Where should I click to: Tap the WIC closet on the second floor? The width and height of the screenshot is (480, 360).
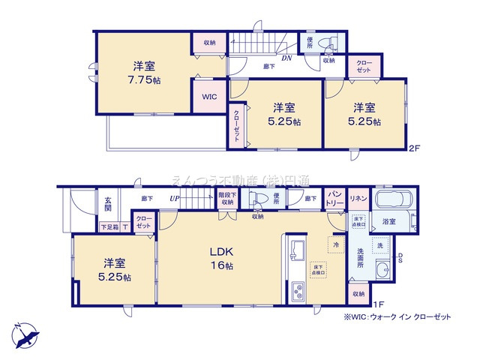click(x=209, y=97)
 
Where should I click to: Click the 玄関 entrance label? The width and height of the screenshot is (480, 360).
click(x=109, y=204)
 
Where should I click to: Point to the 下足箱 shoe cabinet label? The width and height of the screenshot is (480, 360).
click(x=109, y=226)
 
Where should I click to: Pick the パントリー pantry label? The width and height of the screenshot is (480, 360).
click(x=334, y=199)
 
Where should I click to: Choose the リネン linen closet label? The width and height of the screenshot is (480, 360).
click(x=357, y=198)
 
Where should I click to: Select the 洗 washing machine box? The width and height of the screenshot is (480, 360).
click(x=379, y=246)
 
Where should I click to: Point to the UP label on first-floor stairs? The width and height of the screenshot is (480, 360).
click(x=174, y=199)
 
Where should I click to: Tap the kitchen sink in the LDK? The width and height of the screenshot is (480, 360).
click(x=295, y=250)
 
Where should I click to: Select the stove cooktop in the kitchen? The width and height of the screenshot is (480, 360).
click(x=295, y=289)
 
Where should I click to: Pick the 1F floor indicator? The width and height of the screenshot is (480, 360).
click(x=379, y=303)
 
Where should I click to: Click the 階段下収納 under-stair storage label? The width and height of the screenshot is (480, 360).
click(x=226, y=198)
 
